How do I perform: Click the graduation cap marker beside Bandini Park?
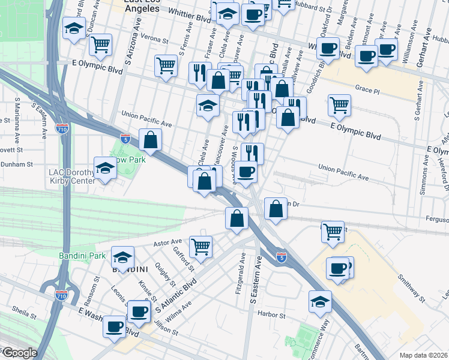(122, 259)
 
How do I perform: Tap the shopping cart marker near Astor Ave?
(200, 246)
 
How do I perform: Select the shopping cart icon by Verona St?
(100, 44)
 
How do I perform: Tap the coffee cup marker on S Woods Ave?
(245, 172)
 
